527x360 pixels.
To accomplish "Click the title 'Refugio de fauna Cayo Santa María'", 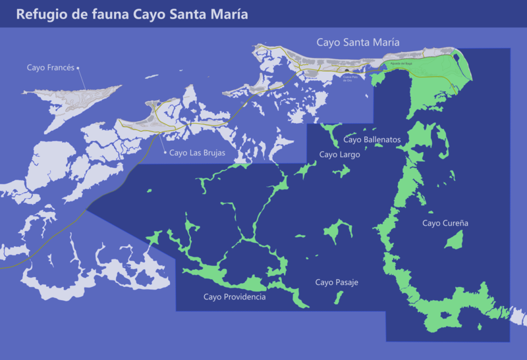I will (x=132, y=14).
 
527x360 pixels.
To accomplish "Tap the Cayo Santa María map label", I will (x=358, y=42).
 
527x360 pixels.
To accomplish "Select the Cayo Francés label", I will (x=51, y=67).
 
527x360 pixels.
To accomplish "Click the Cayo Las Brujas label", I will (x=197, y=153).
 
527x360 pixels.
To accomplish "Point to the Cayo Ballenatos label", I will (x=372, y=140).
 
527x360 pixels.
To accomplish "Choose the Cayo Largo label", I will (x=339, y=155).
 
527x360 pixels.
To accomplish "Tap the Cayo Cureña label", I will (x=445, y=223).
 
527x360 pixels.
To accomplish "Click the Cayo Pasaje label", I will (x=336, y=282).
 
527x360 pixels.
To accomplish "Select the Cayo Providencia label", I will (x=235, y=297).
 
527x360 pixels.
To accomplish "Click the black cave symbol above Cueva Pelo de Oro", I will (x=347, y=71).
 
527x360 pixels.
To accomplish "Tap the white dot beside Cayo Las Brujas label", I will (x=165, y=153).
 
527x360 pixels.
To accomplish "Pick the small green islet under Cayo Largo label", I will (x=341, y=171).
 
